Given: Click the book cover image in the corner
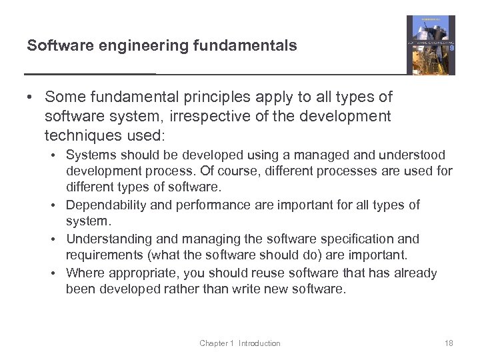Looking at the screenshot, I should [x=431, y=45].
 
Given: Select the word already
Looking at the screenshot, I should [x=415, y=273].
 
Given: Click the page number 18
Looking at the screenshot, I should [x=448, y=343].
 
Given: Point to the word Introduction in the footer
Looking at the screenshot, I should [x=259, y=343].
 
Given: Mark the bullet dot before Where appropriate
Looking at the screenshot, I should [x=58, y=273].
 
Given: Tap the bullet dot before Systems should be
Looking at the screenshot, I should [x=58, y=155].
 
